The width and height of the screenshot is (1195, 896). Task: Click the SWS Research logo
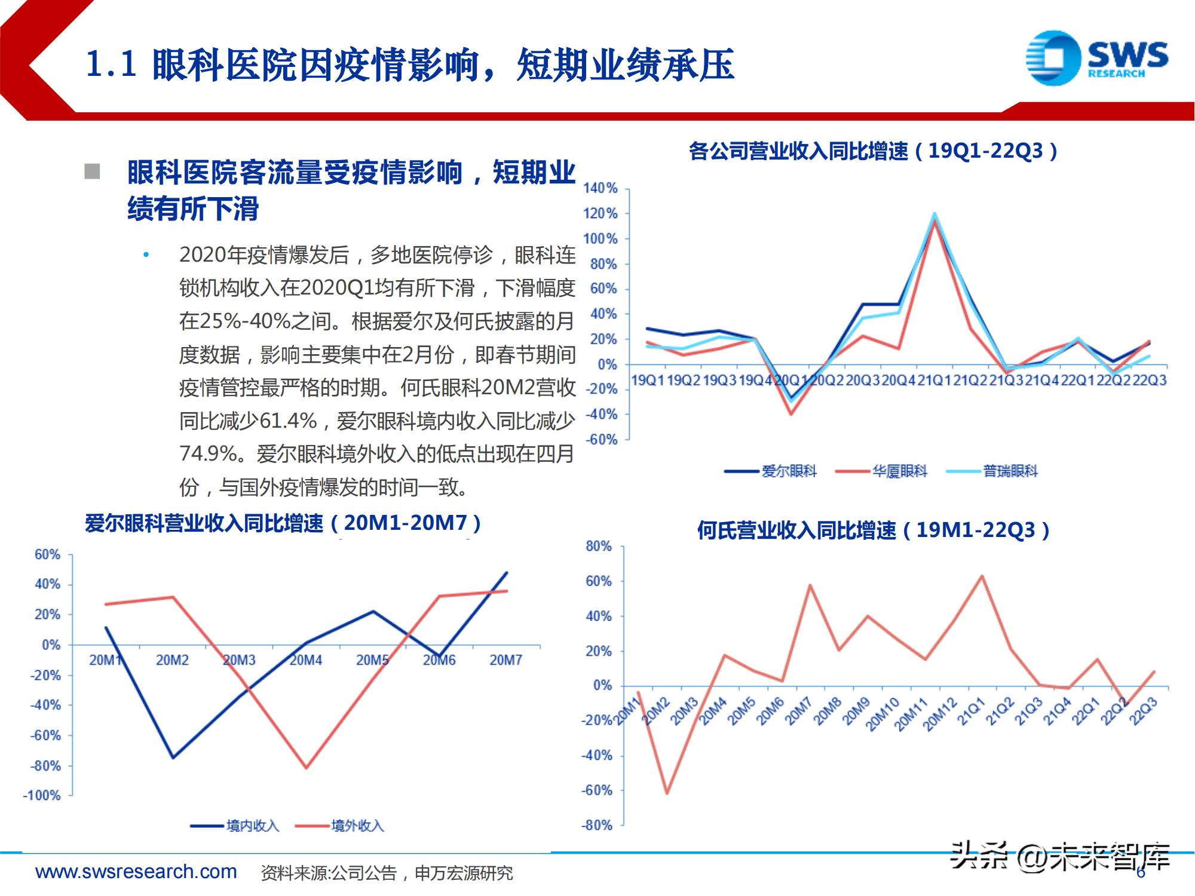tap(1096, 58)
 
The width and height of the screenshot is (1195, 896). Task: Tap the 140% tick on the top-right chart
tap(600, 188)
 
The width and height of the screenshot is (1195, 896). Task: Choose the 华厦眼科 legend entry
tap(882, 471)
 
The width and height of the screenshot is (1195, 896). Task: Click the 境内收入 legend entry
tap(235, 826)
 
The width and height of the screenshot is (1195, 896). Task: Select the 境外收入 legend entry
tap(340, 826)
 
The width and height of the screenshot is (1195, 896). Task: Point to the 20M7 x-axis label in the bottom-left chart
tap(505, 660)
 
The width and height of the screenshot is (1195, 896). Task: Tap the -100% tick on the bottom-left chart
tap(42, 796)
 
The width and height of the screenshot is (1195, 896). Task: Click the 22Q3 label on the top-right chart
tap(1150, 381)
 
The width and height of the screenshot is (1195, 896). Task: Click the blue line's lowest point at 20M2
tap(173, 757)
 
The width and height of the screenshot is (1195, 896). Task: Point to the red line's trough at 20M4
tap(307, 768)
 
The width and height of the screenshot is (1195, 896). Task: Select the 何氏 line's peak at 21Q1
tap(982, 576)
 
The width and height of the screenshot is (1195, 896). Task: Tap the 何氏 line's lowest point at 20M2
tap(667, 793)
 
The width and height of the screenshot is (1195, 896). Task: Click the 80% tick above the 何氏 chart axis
tap(599, 546)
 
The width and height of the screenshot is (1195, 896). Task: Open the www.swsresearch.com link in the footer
tap(136, 872)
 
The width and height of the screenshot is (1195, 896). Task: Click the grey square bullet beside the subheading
tap(92, 171)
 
